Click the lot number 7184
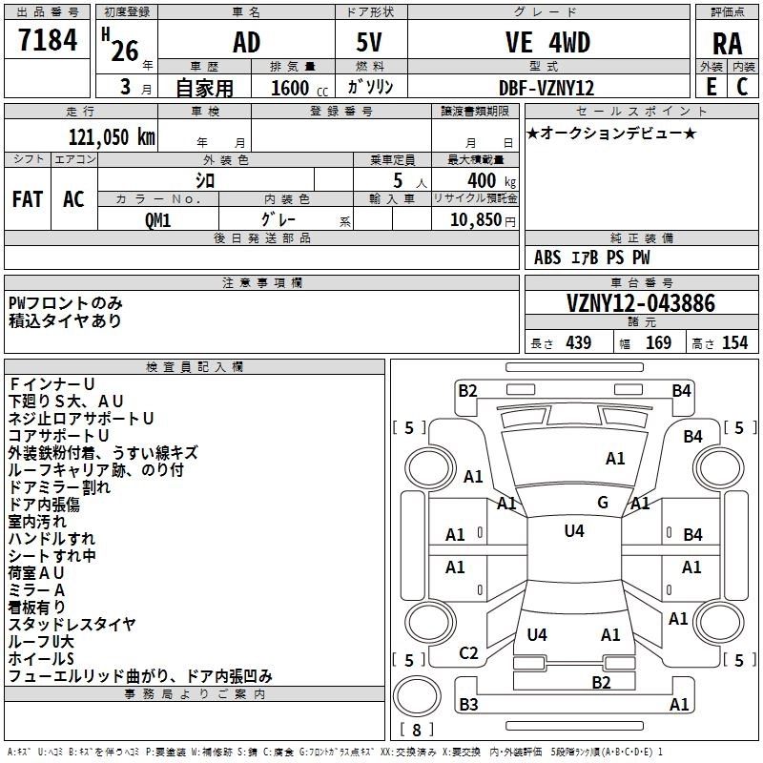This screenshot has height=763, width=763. coord(48,42)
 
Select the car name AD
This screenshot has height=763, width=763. coord(246,43)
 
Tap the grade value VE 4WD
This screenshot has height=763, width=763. coord(547,43)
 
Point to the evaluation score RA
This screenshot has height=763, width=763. coord(727,44)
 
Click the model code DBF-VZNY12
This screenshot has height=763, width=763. coord(546,88)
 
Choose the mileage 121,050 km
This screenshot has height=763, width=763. coord(112,136)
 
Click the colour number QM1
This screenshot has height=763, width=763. coord(157,219)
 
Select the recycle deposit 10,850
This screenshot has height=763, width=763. coord(480,219)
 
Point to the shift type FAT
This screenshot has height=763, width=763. coord(28,199)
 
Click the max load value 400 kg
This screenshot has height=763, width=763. coord(486,181)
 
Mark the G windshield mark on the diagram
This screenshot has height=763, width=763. coord(602,503)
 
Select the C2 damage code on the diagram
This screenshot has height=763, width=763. coord(468,653)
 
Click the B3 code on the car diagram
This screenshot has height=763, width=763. coord(468,705)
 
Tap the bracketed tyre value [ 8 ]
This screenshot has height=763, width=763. coord(416,731)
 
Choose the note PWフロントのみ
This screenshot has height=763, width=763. coord(66,303)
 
